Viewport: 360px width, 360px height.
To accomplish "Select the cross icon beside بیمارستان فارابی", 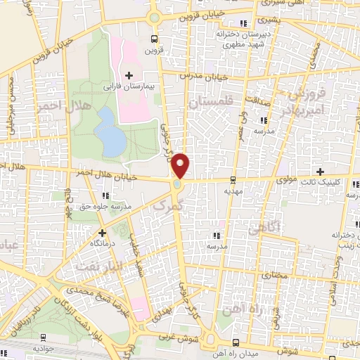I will tap(128, 75).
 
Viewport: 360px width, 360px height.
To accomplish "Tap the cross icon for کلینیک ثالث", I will tap(320, 172).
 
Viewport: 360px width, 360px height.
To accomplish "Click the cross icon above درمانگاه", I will tap(102, 231).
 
